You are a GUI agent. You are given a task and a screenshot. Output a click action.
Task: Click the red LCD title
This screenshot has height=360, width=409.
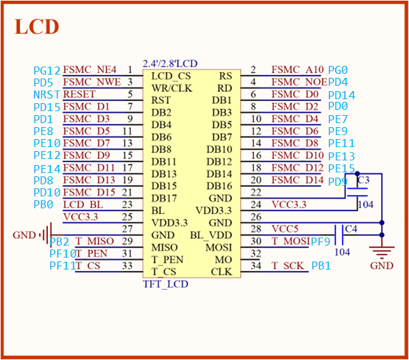coord(37,27)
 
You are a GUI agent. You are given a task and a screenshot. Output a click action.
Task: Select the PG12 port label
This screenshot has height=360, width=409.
coord(47,71)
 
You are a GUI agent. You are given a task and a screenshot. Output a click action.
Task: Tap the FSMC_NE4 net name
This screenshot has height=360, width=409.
coord(90,70)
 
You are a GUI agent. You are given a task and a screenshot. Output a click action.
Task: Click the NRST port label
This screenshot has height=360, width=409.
coord(47,95)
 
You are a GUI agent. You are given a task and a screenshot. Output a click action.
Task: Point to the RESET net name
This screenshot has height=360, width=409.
coord(79,94)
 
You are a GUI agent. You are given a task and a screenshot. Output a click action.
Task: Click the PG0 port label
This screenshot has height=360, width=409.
coord(339,70)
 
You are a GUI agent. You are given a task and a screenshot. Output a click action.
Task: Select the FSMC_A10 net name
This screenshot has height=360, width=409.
coord(297,70)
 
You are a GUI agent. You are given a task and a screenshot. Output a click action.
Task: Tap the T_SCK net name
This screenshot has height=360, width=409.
coord(287,266)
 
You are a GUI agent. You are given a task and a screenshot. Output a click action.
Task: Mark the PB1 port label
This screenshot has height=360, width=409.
coord(321,266)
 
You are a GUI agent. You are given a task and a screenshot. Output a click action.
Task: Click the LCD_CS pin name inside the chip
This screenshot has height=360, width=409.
coord(171,76)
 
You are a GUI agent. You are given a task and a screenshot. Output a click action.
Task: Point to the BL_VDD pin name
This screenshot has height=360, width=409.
coord(211,235)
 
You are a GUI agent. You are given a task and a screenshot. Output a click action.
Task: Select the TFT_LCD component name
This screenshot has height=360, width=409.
coord(166,284)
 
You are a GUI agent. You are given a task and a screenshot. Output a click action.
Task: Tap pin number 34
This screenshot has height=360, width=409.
coord(254,266)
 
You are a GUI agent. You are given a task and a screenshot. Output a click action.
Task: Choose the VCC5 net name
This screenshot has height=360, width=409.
coord(285,229)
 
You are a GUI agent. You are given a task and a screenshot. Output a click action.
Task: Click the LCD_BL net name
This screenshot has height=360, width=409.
coord(83,204)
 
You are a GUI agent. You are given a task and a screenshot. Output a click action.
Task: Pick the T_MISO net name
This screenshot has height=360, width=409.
coord(94,241)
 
